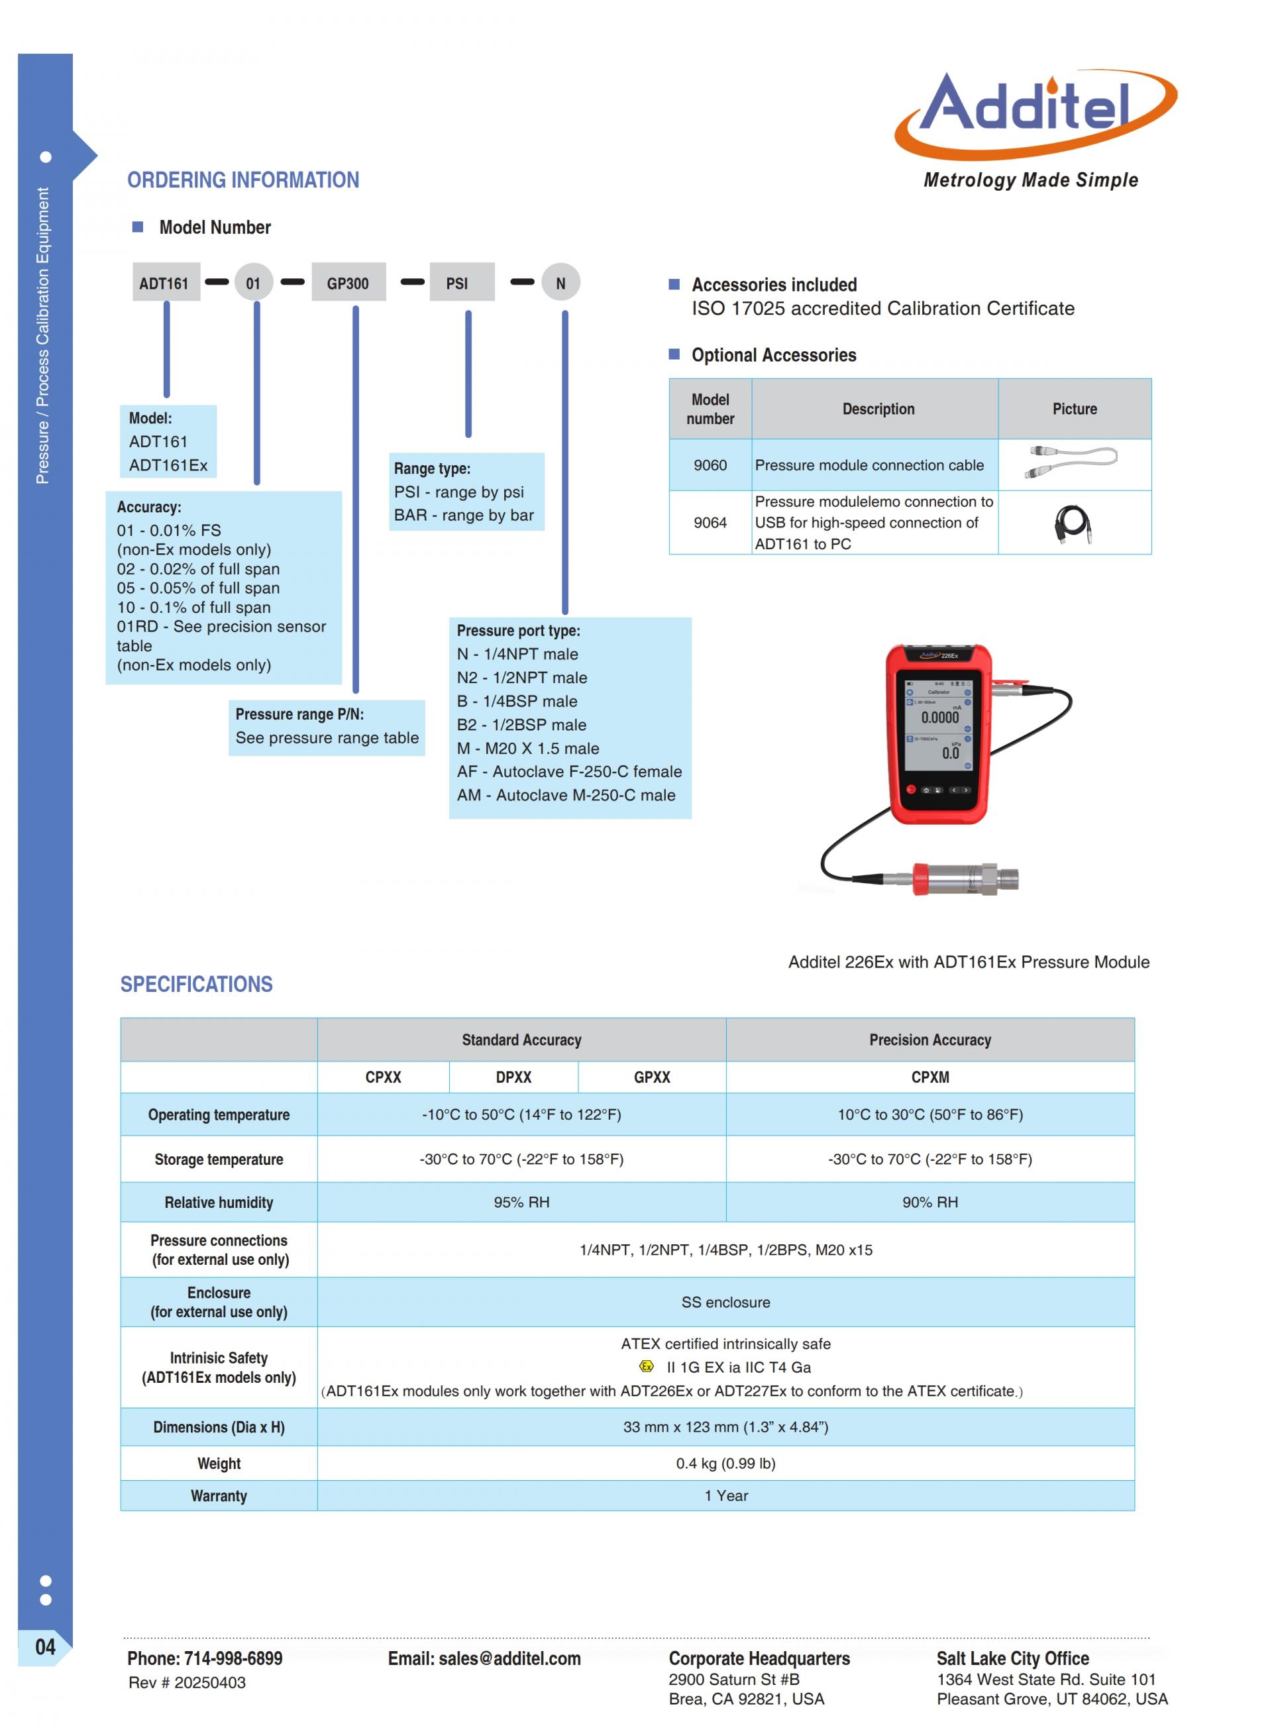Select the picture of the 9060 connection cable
[1073, 462]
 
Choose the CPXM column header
[929, 1077]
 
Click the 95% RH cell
[521, 1202]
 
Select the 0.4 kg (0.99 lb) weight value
[725, 1463]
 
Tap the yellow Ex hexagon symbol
[647, 1366]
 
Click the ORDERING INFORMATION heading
[243, 180]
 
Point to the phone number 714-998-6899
[233, 1658]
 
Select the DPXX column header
[513, 1077]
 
